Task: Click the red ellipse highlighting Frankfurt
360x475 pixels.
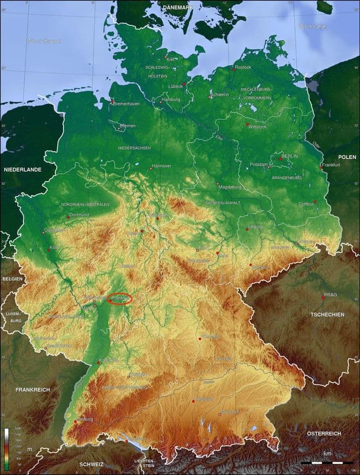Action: [x=119, y=299]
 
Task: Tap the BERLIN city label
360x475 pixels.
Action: [x=290, y=156]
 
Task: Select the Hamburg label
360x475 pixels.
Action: [x=171, y=99]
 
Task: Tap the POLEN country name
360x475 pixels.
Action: [x=347, y=157]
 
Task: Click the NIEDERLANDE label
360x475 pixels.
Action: [x=22, y=169]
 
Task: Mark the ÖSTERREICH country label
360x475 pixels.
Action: [x=323, y=433]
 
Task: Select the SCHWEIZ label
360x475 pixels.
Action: [x=92, y=464]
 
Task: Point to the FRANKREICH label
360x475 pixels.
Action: [x=33, y=390]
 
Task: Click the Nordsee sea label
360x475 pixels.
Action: [x=44, y=40]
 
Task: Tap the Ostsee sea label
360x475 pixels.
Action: [x=312, y=26]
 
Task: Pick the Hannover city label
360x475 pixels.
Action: [x=161, y=166]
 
